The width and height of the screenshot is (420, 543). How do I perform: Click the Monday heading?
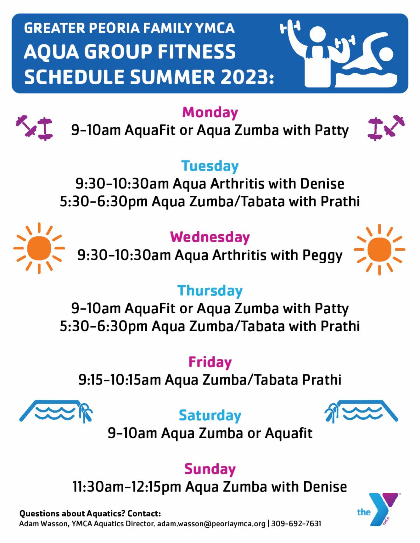pyautogui.click(x=210, y=113)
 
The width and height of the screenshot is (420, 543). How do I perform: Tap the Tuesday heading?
pyautogui.click(x=210, y=166)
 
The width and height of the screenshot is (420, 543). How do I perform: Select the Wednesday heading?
pyautogui.click(x=210, y=237)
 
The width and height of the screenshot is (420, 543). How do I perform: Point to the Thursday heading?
pyautogui.click(x=210, y=291)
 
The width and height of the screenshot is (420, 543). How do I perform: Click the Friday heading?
pyautogui.click(x=210, y=362)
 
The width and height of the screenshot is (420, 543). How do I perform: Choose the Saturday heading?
pyautogui.click(x=210, y=415)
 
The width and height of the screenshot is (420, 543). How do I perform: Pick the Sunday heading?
pyautogui.click(x=210, y=469)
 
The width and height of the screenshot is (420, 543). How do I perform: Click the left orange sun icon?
pyautogui.click(x=39, y=248)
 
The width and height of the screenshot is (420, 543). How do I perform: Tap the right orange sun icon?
pyautogui.click(x=379, y=249)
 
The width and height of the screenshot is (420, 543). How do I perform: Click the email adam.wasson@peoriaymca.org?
pyautogui.click(x=211, y=524)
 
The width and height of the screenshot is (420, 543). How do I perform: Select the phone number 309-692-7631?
pyautogui.click(x=296, y=524)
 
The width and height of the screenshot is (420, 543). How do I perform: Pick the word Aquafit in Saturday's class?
pyautogui.click(x=288, y=433)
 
